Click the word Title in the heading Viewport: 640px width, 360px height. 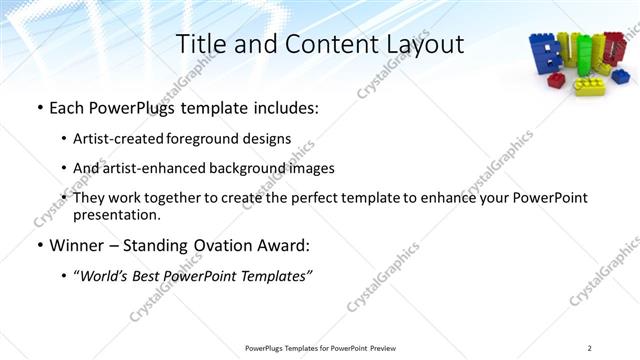point(200,44)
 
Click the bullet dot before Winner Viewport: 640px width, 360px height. point(39,245)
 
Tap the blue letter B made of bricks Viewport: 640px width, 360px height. point(548,55)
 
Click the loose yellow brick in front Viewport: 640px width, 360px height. point(587,86)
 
